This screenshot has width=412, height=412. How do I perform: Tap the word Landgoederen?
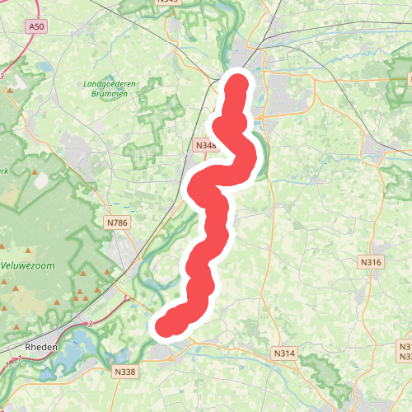coord(109,84)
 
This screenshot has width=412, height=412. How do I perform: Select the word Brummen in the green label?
coord(109,94)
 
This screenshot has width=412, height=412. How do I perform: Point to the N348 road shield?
coord(206,146)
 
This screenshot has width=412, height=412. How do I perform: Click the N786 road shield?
coord(117,222)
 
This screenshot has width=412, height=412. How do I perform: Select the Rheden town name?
coord(41,348)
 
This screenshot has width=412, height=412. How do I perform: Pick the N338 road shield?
coord(125,372)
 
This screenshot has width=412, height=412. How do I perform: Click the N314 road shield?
coord(283,353)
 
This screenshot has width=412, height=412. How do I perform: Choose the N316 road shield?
coord(371,262)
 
